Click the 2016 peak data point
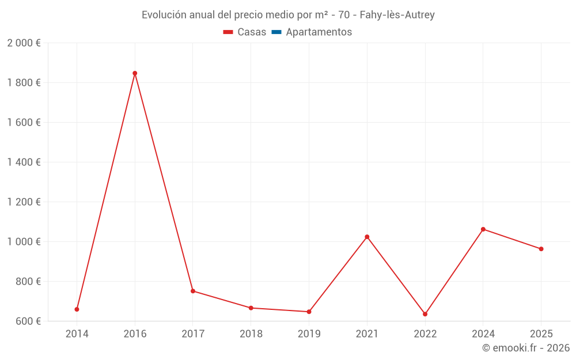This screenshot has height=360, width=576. [135, 73]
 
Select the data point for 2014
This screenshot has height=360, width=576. [77, 309]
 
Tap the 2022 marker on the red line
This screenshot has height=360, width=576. [425, 314]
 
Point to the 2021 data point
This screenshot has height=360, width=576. [367, 237]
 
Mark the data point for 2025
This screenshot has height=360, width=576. [541, 249]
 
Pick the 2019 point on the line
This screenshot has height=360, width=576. [309, 312]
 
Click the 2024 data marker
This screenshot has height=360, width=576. [483, 229]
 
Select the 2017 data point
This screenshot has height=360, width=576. [193, 291]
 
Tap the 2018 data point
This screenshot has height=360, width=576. [251, 308]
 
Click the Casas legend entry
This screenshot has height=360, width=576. [245, 32]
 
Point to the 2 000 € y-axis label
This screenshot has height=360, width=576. [24, 43]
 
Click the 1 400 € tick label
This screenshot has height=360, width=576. [24, 162]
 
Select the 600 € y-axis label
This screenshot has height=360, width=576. [28, 321]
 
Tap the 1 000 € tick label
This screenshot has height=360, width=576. [24, 242]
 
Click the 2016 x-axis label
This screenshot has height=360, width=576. [135, 334]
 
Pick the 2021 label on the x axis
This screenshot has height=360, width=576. [367, 334]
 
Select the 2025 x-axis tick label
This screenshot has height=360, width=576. [541, 334]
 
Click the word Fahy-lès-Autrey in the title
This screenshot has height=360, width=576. [397, 15]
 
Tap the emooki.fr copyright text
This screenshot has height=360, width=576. [526, 348]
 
